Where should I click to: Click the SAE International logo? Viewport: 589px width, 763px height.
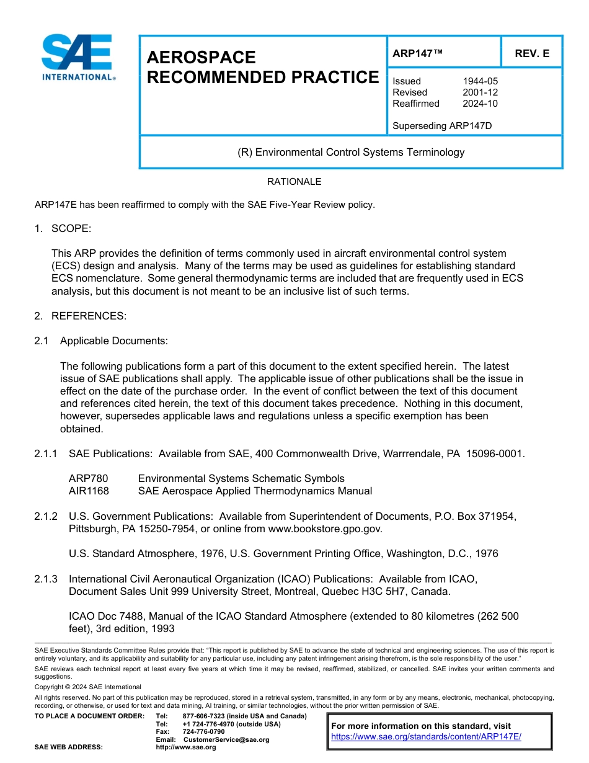click(x=77, y=57)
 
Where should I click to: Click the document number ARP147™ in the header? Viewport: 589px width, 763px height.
click(x=417, y=53)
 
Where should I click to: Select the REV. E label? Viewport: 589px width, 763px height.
click(x=532, y=53)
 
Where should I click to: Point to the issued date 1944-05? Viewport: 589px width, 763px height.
click(x=480, y=81)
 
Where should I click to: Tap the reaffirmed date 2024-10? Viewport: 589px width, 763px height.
click(x=480, y=104)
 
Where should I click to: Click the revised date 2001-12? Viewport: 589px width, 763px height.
click(x=480, y=92)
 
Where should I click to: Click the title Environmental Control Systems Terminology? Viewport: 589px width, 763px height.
click(x=351, y=152)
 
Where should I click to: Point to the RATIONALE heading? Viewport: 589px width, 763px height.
click(x=294, y=182)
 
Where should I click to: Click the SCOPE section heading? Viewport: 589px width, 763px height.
click(x=71, y=229)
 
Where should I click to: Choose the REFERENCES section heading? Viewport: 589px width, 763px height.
click(x=89, y=316)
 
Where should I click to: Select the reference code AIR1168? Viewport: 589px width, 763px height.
click(x=89, y=491)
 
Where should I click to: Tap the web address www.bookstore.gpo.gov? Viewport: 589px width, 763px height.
click(x=325, y=529)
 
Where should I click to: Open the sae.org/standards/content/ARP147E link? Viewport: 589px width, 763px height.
click(x=426, y=737)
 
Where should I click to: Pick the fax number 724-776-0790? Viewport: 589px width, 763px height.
click(x=203, y=731)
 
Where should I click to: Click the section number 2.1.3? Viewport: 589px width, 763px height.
click(x=46, y=579)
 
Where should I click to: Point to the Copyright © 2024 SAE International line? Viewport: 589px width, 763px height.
click(x=88, y=687)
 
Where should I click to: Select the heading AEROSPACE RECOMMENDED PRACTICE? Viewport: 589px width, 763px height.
click(x=262, y=67)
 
